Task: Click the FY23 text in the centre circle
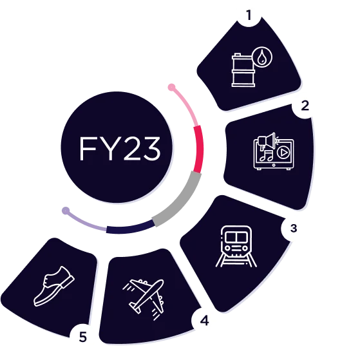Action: (x=120, y=149)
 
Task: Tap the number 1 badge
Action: (x=249, y=15)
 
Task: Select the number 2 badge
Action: (x=305, y=106)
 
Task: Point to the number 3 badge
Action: (x=294, y=228)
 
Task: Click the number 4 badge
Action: (x=204, y=321)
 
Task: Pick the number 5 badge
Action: (x=82, y=337)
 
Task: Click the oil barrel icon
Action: (x=243, y=70)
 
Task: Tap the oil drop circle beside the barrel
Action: (x=261, y=57)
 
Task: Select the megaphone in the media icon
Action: (x=267, y=140)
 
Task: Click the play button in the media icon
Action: (x=283, y=153)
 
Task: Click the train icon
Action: (x=236, y=247)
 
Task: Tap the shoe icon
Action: (x=54, y=287)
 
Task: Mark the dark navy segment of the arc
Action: (x=130, y=228)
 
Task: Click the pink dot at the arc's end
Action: (x=171, y=87)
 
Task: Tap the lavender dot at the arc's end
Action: (x=66, y=211)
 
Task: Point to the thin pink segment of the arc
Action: (x=187, y=105)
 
